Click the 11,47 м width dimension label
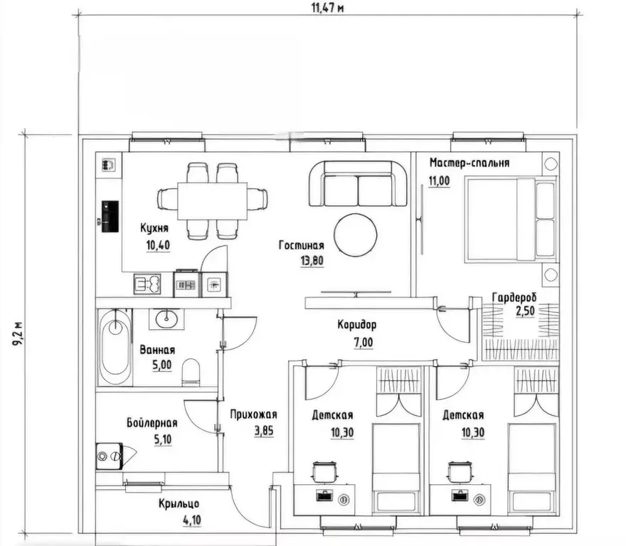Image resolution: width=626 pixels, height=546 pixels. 327,8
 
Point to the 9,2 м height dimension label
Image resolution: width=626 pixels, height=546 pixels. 17,334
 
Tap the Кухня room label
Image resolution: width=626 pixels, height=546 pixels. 154,228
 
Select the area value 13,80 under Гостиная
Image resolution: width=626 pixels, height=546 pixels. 312,261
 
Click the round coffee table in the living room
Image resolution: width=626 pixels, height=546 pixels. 355,235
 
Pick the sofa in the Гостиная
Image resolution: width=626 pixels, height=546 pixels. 358,183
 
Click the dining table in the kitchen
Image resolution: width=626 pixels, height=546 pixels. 212,200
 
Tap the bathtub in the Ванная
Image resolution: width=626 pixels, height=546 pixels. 115,348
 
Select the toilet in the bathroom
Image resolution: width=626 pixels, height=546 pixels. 191,373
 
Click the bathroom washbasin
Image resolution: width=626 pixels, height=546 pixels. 166,319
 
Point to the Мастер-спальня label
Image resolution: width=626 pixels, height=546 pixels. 469,163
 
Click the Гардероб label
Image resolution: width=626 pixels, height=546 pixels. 514,298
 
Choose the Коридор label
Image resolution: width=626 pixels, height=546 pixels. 357,326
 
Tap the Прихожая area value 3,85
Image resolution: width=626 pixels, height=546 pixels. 264,431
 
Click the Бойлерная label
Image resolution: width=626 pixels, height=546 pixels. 152,423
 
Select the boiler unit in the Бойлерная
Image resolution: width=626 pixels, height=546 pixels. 109,456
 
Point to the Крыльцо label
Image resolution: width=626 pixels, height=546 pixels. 179,503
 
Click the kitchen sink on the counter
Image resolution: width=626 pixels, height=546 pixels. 147,284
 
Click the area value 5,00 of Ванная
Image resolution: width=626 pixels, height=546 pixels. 161,365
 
